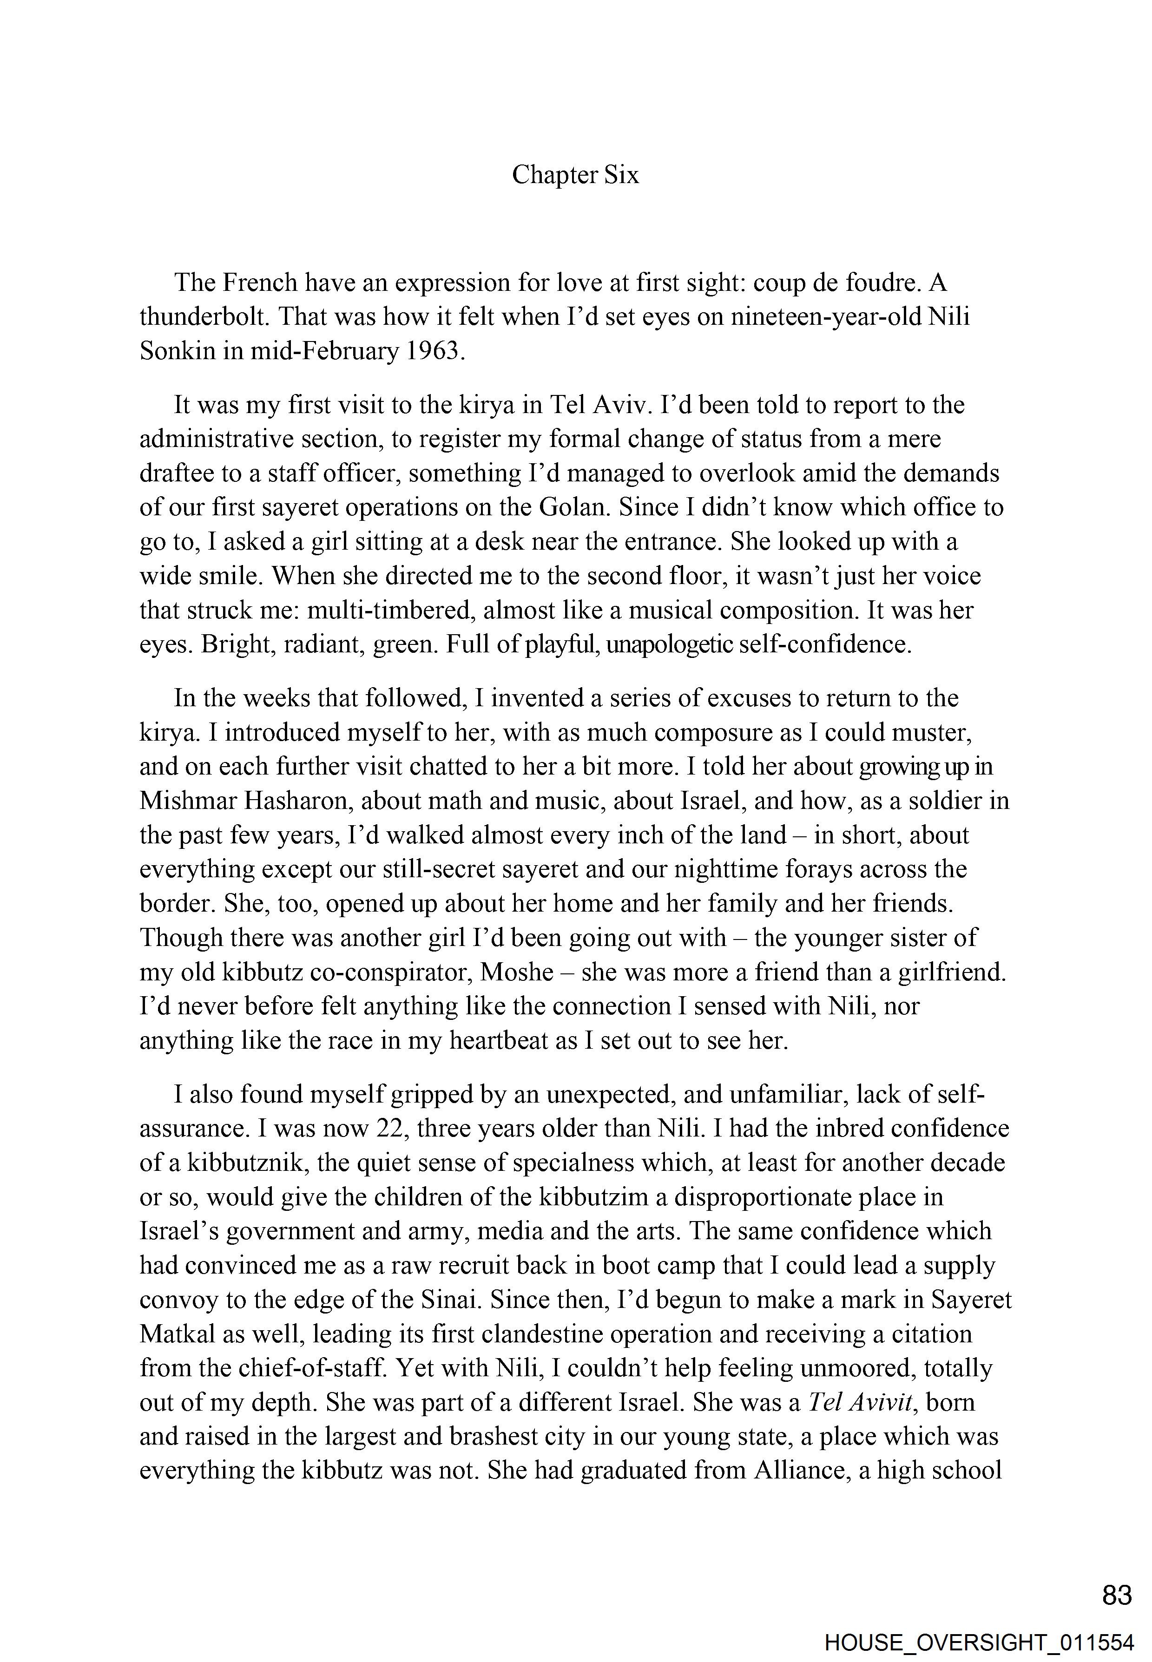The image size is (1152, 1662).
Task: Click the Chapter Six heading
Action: [575, 175]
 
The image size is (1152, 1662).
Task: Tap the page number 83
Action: [1117, 1596]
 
